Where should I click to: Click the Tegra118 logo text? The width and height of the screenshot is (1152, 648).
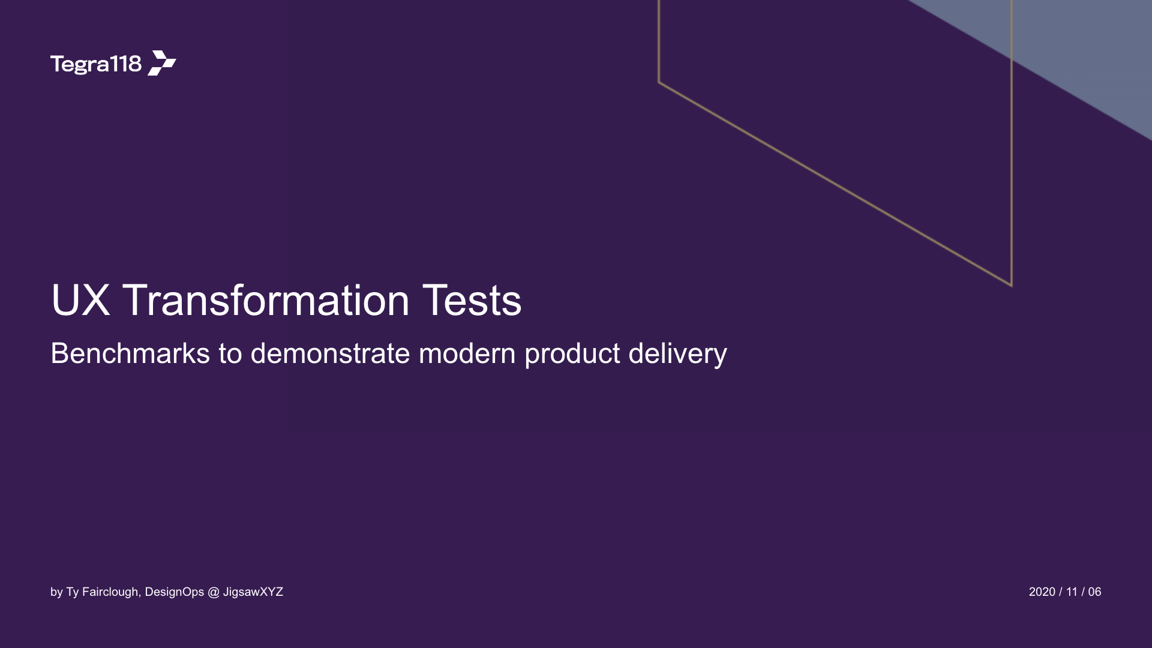tap(96, 64)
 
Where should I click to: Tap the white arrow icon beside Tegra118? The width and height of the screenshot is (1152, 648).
tap(162, 63)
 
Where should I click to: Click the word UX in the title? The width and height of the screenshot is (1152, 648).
tap(81, 300)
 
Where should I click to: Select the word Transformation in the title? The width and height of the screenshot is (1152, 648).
tap(266, 300)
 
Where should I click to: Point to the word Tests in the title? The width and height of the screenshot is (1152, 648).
tap(472, 300)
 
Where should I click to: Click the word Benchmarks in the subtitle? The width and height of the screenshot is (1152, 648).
tap(130, 353)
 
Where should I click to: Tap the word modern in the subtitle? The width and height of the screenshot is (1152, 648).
tap(467, 353)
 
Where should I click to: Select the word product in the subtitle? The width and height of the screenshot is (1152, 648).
tap(572, 354)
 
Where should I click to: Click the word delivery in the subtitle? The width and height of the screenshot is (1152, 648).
tap(678, 354)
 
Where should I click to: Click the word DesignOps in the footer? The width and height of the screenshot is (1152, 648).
tap(175, 592)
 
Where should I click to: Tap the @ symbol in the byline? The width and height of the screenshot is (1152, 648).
tap(214, 592)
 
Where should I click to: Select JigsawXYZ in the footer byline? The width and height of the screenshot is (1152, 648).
tap(253, 592)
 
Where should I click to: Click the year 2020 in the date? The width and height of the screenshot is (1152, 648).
tap(1042, 592)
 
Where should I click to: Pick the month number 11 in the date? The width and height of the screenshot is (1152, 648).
tap(1072, 592)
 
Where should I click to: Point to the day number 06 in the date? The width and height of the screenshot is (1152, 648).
tap(1095, 592)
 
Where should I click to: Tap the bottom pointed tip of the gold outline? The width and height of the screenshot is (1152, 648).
tap(1012, 286)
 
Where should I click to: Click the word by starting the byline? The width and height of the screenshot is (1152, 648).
tap(56, 592)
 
